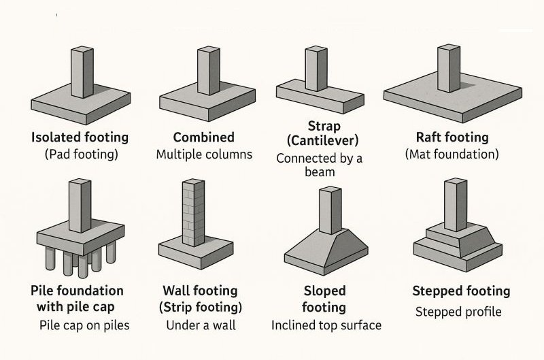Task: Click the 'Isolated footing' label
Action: point(80,137)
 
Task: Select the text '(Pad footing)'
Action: point(81,154)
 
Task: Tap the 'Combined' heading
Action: point(203,137)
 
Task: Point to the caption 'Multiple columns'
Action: point(204,154)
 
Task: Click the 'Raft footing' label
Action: point(452,137)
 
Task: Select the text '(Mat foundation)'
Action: point(452,154)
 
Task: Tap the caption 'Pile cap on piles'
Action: point(84,325)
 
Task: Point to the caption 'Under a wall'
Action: point(201,325)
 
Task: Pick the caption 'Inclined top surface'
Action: point(326,325)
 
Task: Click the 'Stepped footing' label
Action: point(460,291)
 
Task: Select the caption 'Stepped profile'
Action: point(458,312)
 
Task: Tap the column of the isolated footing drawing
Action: point(82,71)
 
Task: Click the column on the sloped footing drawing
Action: point(330,211)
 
